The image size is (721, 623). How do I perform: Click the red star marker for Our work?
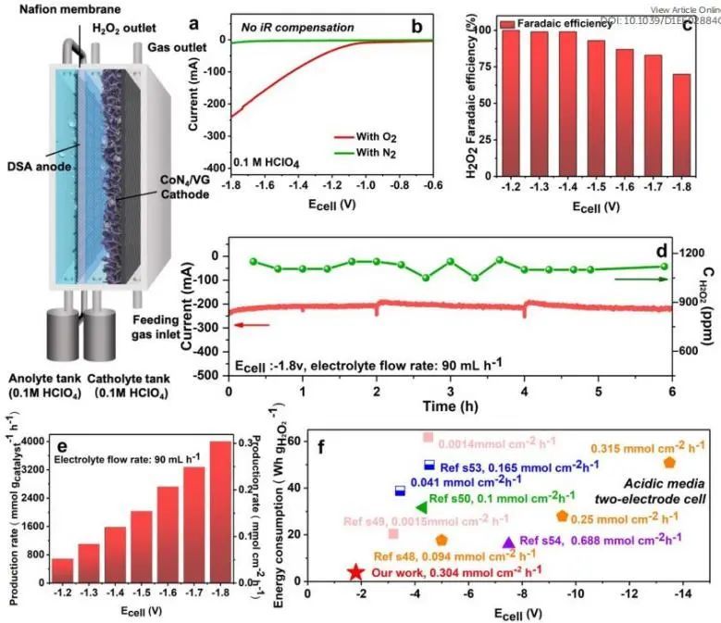coord(355,573)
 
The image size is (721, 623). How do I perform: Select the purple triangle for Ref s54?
coord(507,542)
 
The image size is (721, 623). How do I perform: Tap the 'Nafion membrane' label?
coord(45,8)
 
